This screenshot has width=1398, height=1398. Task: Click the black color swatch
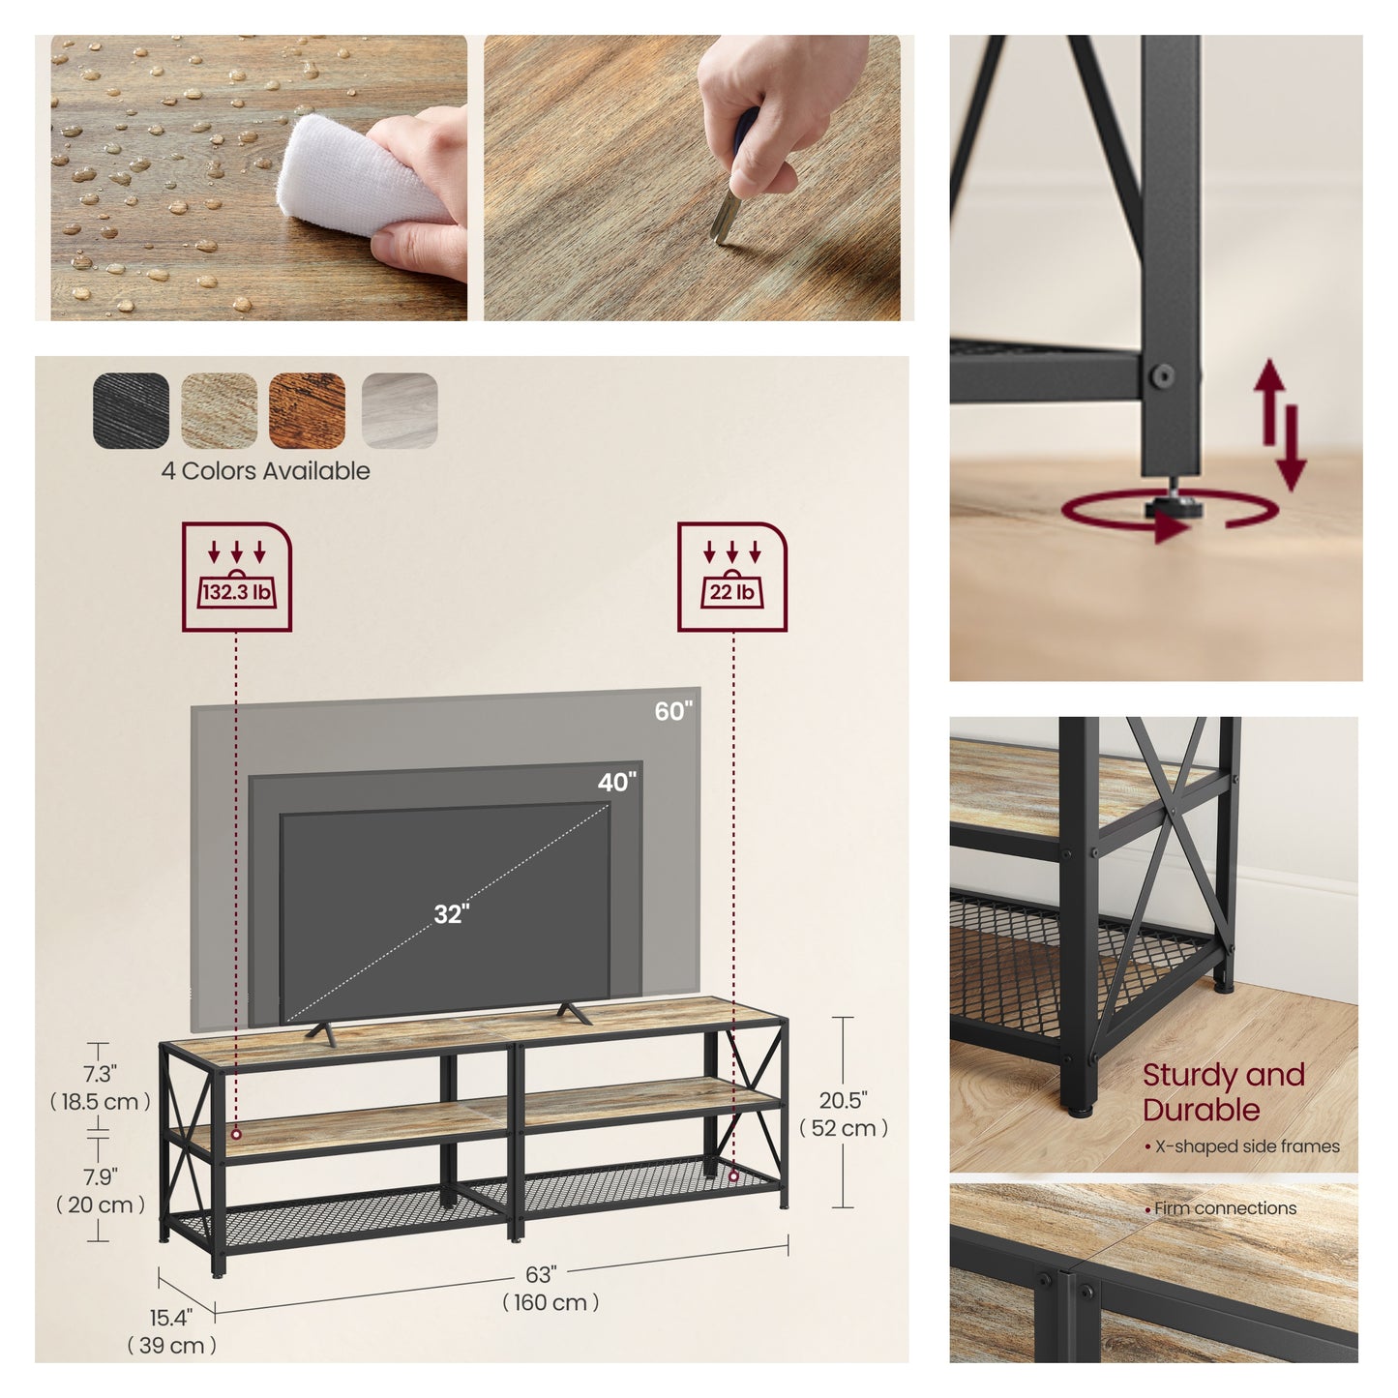click(131, 410)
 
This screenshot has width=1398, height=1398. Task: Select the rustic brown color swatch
click(307, 410)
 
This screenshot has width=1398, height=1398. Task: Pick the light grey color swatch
click(399, 410)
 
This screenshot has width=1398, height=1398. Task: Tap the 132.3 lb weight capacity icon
click(236, 577)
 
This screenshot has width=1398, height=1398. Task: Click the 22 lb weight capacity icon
click(732, 577)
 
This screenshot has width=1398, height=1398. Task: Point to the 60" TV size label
click(673, 711)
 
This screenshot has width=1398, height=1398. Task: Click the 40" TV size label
click(617, 782)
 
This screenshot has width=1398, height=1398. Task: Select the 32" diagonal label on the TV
click(452, 914)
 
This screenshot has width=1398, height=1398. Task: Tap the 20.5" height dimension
click(843, 1114)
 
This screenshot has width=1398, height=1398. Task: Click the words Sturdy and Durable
click(1223, 1092)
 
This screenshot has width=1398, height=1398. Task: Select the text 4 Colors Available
click(265, 471)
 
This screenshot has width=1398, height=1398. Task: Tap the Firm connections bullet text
click(1220, 1208)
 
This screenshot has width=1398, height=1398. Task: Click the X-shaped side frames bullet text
click(1241, 1146)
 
